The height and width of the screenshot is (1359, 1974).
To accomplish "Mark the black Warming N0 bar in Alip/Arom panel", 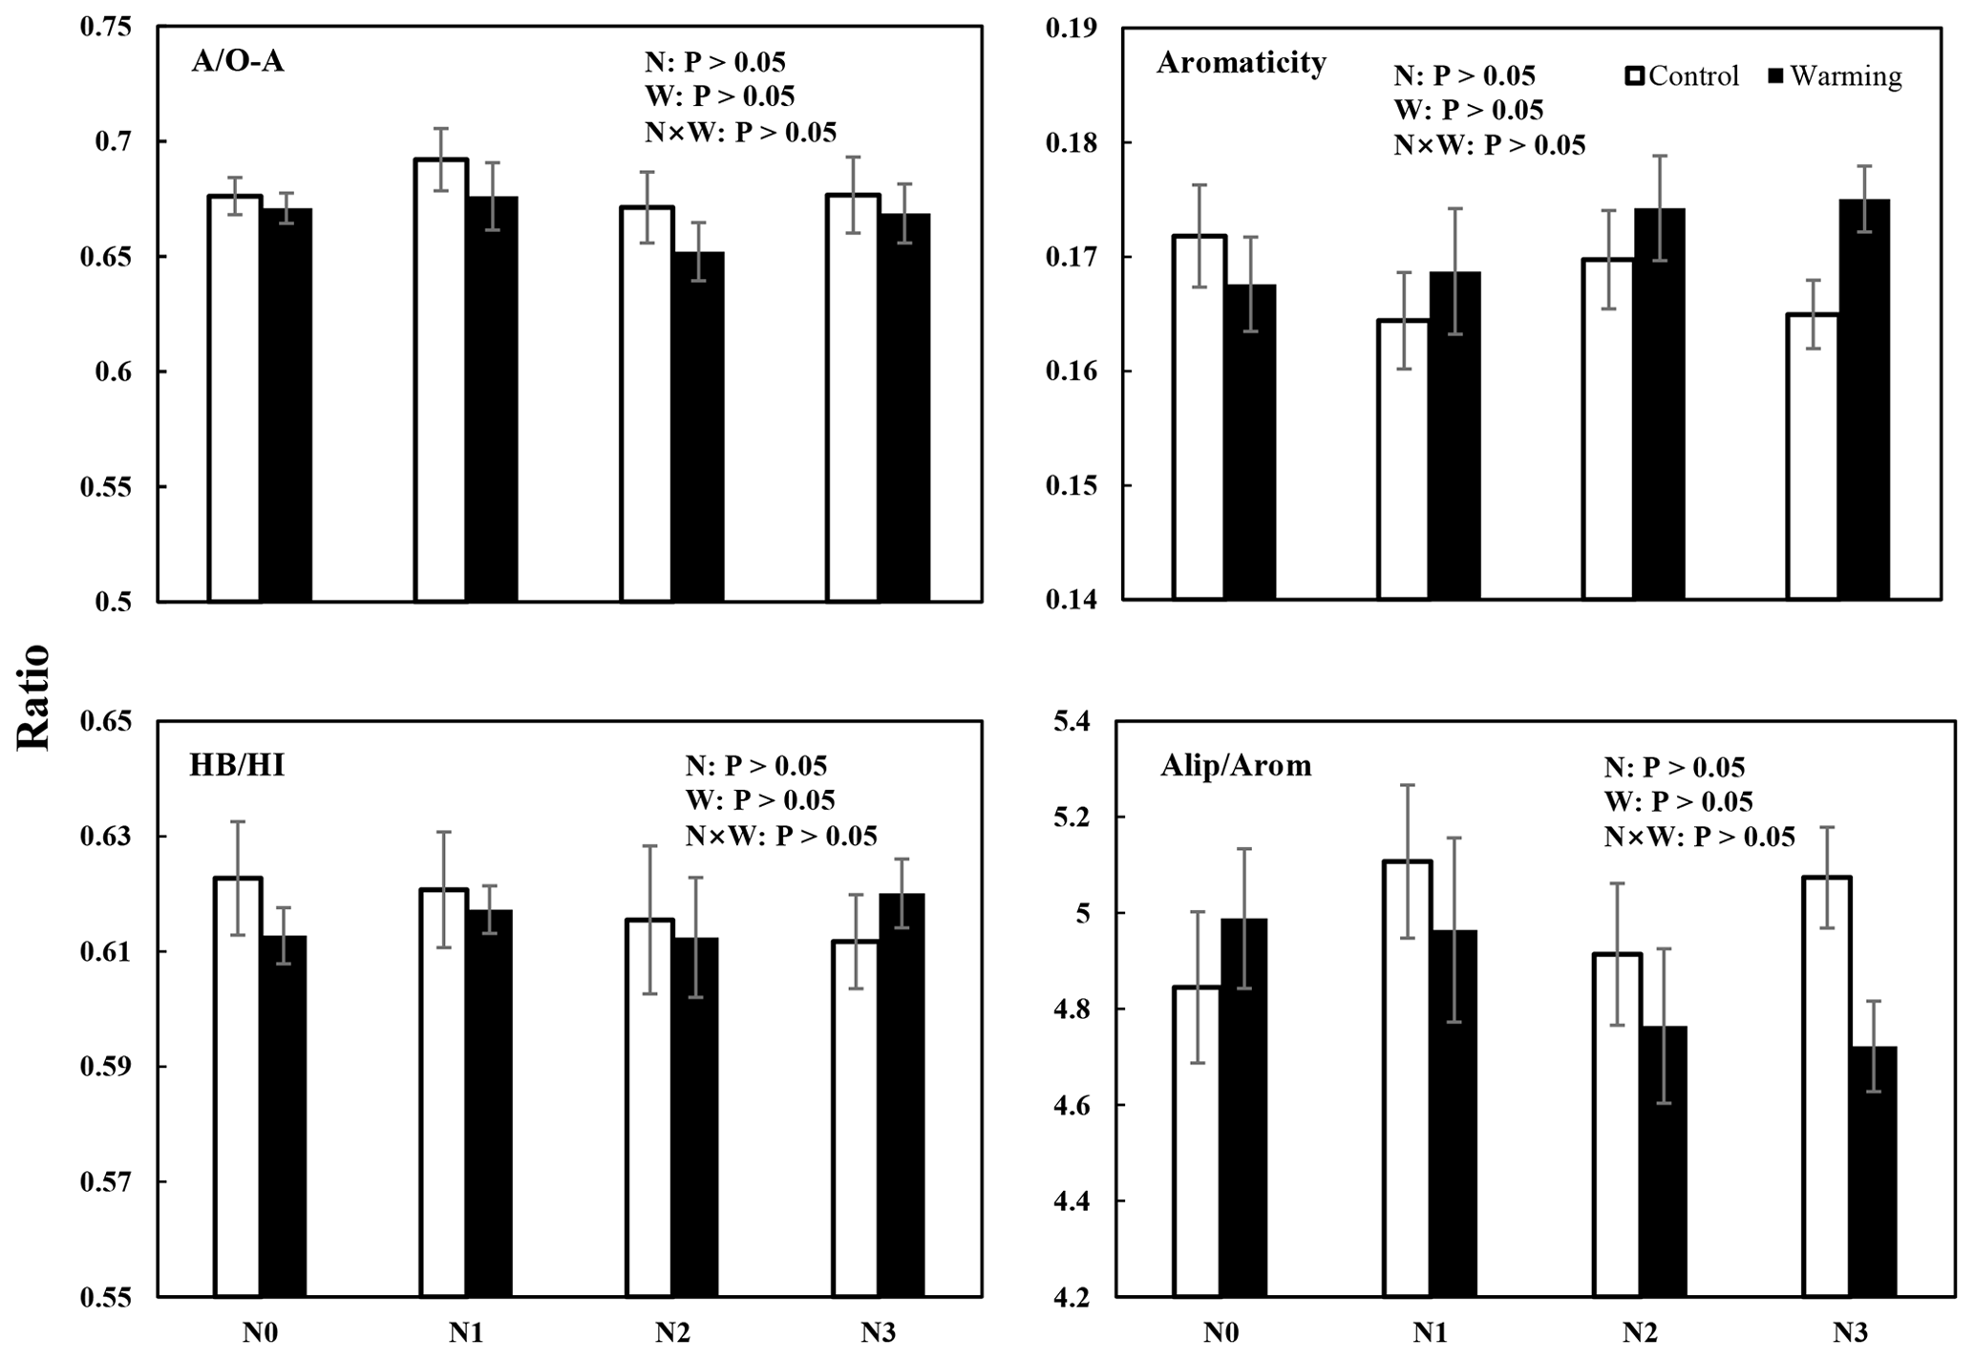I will tap(1246, 1107).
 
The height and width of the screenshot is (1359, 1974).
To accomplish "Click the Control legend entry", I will tap(1682, 76).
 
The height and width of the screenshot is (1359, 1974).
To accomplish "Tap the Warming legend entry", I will tap(1835, 76).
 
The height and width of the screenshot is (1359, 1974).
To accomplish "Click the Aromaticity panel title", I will tap(1241, 63).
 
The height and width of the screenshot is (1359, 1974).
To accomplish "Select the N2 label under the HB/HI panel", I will tap(672, 1332).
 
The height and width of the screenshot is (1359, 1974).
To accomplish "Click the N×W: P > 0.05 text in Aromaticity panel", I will tap(1490, 145).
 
